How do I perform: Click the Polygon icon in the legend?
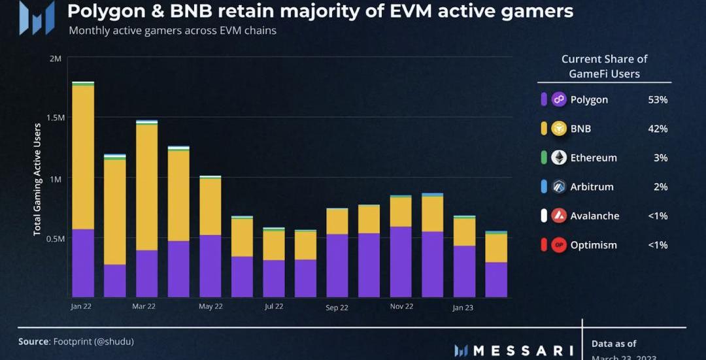point(559,99)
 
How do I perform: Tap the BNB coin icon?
point(559,129)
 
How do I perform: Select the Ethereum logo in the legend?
point(559,157)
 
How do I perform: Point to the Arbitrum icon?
point(559,187)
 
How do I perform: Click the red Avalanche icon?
point(559,216)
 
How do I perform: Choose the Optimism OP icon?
point(559,245)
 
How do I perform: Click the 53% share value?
point(657,100)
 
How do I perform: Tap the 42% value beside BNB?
point(657,129)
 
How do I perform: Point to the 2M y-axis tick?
point(55,59)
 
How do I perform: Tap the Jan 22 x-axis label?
point(82,306)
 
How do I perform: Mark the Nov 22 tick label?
point(401,306)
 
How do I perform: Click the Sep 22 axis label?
point(337,307)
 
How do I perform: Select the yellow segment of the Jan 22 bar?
point(83,157)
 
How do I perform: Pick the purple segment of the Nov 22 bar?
point(401,261)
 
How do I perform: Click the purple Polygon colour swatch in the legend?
point(544,100)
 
